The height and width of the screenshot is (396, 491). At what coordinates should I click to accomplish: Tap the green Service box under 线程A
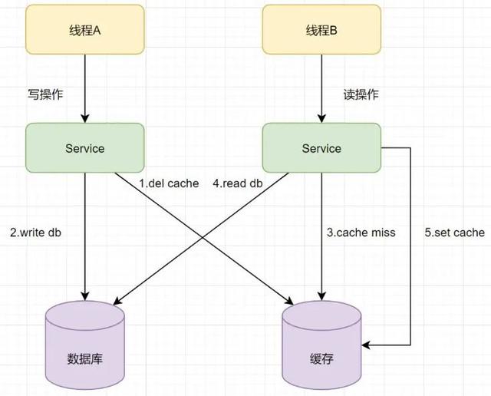85,148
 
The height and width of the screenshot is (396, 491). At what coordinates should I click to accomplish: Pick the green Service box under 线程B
321,148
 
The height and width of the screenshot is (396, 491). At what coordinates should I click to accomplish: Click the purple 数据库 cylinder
85,345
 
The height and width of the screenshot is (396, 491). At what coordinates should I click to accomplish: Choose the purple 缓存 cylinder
321,345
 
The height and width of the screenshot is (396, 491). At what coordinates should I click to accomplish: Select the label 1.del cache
169,184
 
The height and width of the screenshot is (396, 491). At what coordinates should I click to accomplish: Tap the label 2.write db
35,232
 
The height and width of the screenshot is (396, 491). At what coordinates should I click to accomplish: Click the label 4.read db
241,184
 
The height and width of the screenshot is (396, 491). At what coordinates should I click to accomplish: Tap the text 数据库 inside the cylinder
85,358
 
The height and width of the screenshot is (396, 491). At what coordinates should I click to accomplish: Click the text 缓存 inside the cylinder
321,358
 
